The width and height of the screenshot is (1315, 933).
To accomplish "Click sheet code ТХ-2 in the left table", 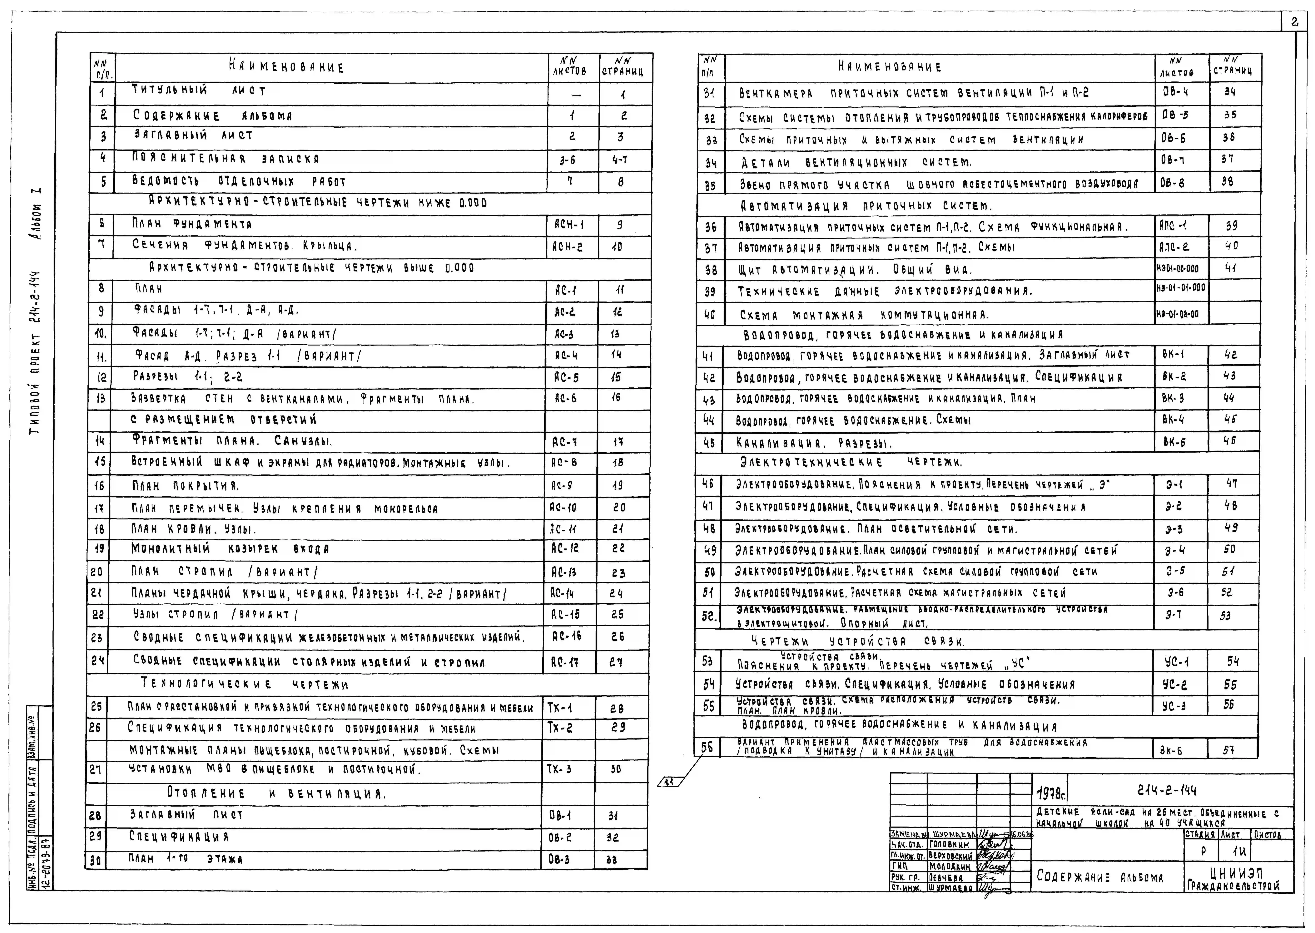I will pyautogui.click(x=560, y=728).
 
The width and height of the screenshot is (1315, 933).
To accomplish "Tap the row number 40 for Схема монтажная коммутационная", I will pyautogui.click(x=710, y=315).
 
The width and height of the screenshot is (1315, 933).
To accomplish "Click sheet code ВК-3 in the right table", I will pyautogui.click(x=1173, y=398).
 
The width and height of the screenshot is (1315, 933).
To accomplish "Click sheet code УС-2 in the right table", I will pyautogui.click(x=1175, y=684).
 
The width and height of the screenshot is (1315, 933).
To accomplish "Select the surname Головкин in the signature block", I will pyautogui.click(x=948, y=845).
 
